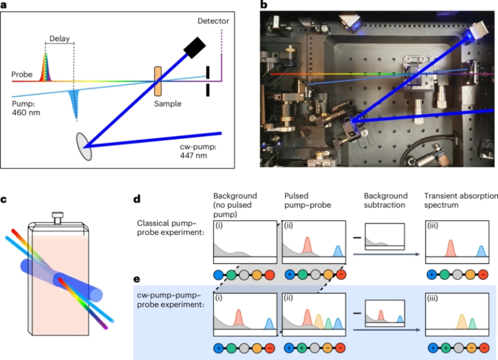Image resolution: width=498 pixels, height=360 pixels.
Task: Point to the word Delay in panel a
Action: pyautogui.click(x=60, y=37)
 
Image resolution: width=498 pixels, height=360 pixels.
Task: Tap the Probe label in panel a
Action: pyautogui.click(x=22, y=75)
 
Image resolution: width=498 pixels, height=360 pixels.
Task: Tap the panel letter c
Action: pyautogui.click(x=5, y=200)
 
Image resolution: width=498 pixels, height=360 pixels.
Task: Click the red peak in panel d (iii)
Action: pyautogui.click(x=450, y=248)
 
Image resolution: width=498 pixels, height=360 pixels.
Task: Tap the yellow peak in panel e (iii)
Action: pyautogui.click(x=461, y=320)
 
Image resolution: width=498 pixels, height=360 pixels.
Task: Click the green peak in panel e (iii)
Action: pyautogui.click(x=473, y=323)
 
